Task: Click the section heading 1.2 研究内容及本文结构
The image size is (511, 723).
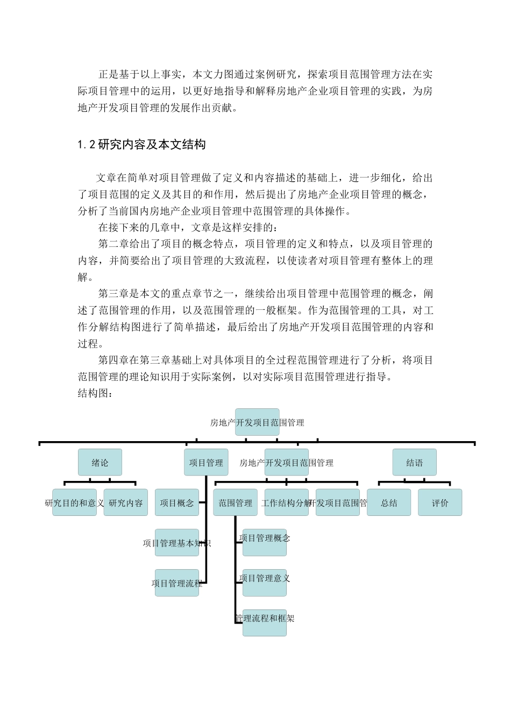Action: pyautogui.click(x=141, y=145)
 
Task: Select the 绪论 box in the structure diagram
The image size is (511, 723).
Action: pyautogui.click(x=100, y=463)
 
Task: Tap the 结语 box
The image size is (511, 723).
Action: pyautogui.click(x=414, y=463)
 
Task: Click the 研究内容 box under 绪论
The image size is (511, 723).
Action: pyautogui.click(x=125, y=502)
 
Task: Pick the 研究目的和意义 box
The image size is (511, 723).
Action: pyautogui.click(x=74, y=502)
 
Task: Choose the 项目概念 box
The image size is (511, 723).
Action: pyautogui.click(x=176, y=502)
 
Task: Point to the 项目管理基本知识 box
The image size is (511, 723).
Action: pyautogui.click(x=176, y=543)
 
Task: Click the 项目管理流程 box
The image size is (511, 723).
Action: pyautogui.click(x=176, y=583)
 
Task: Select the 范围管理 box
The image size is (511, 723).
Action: pyautogui.click(x=235, y=502)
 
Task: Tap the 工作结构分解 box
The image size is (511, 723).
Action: pyautogui.click(x=286, y=502)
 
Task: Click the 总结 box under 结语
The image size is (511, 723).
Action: pyautogui.click(x=389, y=502)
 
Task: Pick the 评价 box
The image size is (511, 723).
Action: pyautogui.click(x=440, y=502)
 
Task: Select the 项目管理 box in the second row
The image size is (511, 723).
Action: pyautogui.click(x=206, y=463)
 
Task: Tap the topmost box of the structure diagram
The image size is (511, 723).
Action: pyautogui.click(x=257, y=422)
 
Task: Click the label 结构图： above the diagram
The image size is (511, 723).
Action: pyautogui.click(x=95, y=393)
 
